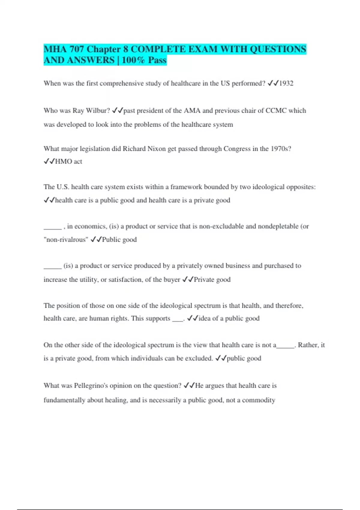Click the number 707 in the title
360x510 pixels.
coord(76,49)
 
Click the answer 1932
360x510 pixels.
coord(286,83)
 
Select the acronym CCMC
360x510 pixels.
coord(276,111)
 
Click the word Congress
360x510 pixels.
coord(237,149)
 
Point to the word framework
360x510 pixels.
coord(186,187)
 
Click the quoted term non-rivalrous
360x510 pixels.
coord(66,240)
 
